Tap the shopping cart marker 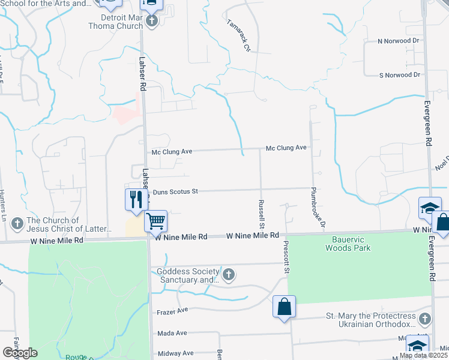coord(155,221)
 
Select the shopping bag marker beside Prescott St coord(285,307)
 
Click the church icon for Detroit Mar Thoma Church coord(152,21)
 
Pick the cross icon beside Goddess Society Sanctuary coord(228,275)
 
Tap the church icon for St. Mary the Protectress coord(424,319)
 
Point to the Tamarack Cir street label coord(239,34)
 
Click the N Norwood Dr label coord(399,41)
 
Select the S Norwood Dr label coord(399,75)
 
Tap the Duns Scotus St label coord(175,192)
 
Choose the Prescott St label coord(287,259)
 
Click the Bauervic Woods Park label coord(348,244)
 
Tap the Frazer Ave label coord(172,311)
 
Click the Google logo coord(20,353)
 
